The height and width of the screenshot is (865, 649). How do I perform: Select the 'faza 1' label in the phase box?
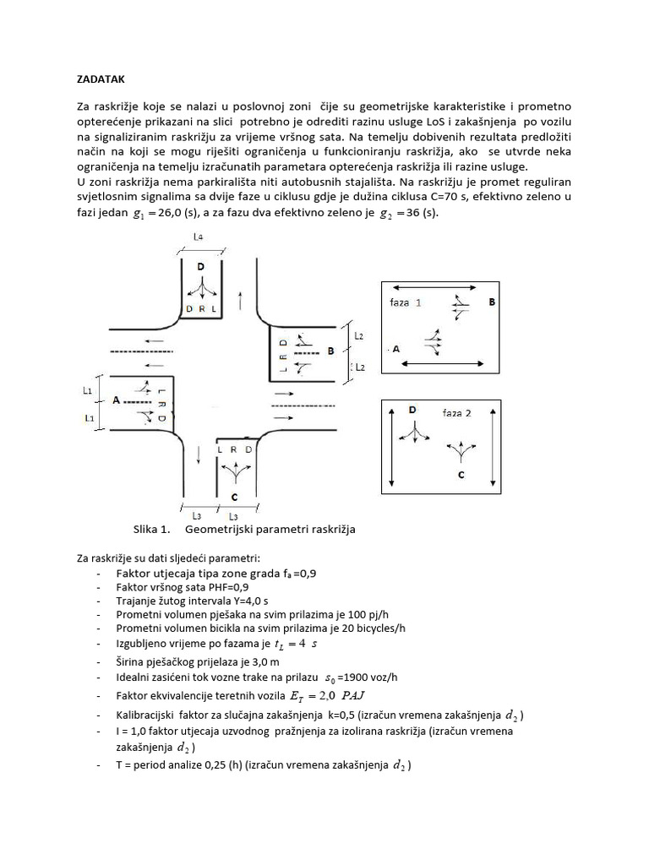(406, 302)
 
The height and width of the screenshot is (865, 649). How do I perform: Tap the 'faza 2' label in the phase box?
(457, 413)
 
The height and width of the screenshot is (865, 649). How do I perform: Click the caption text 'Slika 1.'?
(152, 530)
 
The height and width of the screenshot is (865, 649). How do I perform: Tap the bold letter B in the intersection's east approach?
(331, 349)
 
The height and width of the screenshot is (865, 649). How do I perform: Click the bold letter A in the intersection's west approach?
(116, 400)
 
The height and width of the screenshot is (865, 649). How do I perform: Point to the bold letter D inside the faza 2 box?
(412, 410)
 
